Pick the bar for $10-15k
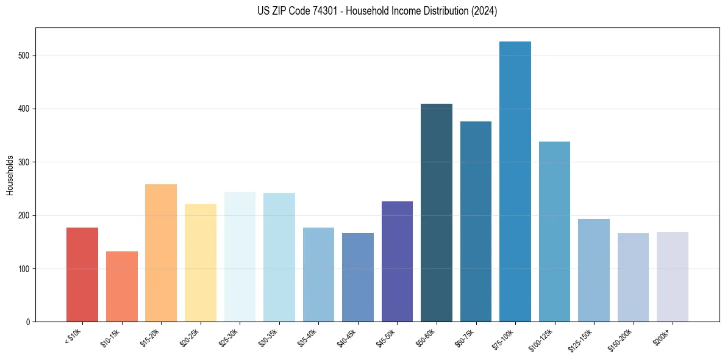coord(122,286)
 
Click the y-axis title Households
coord(10,175)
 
